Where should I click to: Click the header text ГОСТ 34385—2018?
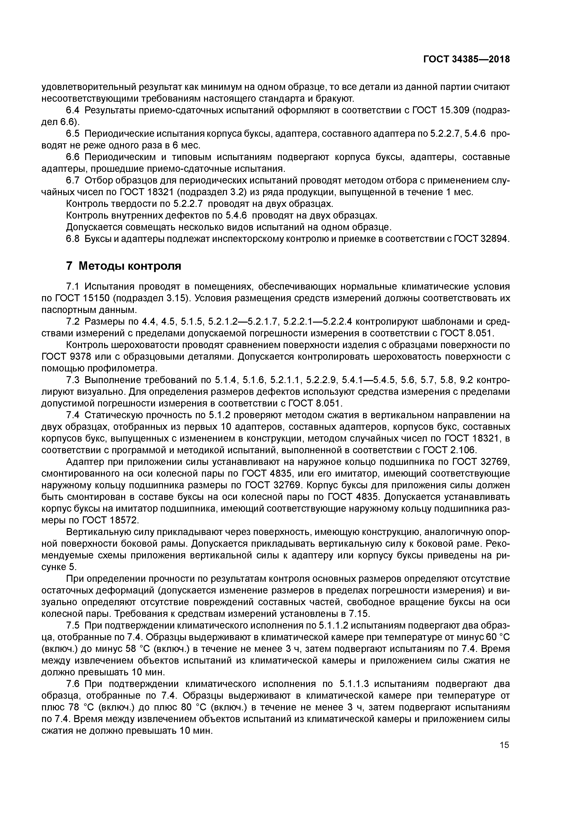click(466, 60)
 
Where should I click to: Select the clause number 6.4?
click(74, 110)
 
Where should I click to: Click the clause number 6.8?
click(74, 239)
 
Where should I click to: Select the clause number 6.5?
click(74, 133)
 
